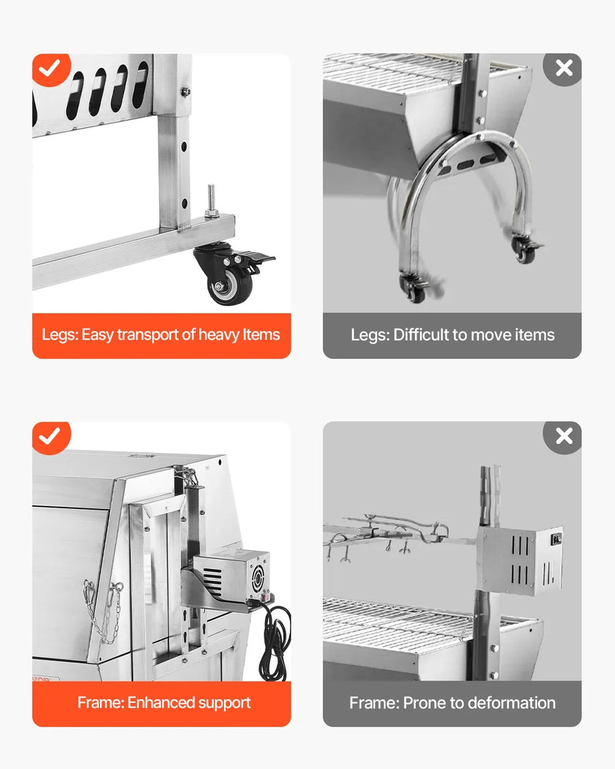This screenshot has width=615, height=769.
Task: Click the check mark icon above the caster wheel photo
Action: point(51,69)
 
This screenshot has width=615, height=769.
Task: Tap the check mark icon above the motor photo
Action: point(51,436)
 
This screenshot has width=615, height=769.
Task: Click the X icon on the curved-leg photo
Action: point(564,69)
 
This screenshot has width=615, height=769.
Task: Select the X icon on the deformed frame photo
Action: point(564,436)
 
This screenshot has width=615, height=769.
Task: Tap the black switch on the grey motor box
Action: point(556,539)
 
